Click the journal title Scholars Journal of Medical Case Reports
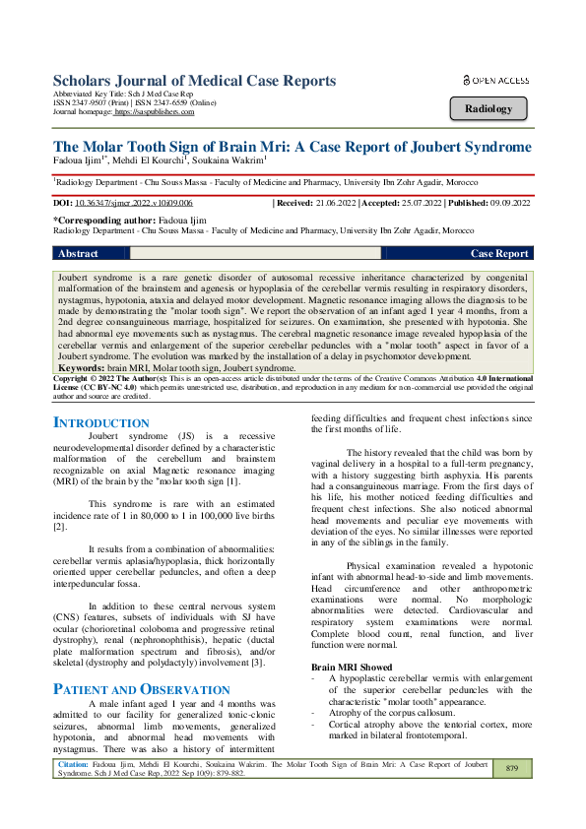click(193, 81)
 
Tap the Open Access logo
click(495, 81)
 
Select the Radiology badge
click(488, 108)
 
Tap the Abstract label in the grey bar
click(79, 253)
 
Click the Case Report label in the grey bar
click(499, 253)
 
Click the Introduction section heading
click(100, 422)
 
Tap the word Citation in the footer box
click(76, 763)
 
